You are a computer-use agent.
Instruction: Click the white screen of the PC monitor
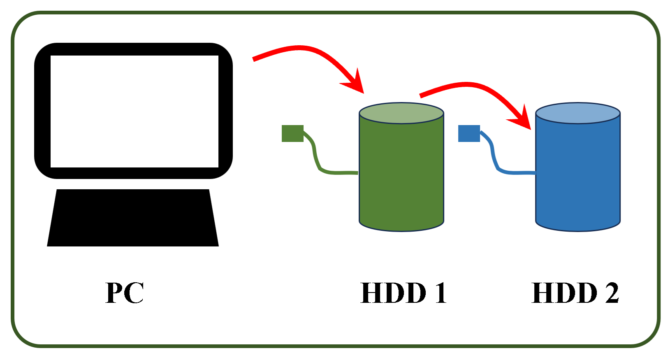tap(134, 111)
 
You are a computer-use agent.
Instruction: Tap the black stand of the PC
tap(133, 218)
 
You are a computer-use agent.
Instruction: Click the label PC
tap(125, 293)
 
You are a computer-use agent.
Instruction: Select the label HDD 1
tap(403, 293)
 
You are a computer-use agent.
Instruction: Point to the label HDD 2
tap(575, 293)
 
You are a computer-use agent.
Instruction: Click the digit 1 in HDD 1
tap(440, 293)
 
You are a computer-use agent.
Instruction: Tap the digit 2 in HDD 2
tap(612, 293)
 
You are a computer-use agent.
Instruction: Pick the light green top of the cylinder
tap(401, 113)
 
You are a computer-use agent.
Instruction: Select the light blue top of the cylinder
tap(577, 113)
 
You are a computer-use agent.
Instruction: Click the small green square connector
tap(292, 133)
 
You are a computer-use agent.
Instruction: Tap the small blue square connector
tap(469, 133)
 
